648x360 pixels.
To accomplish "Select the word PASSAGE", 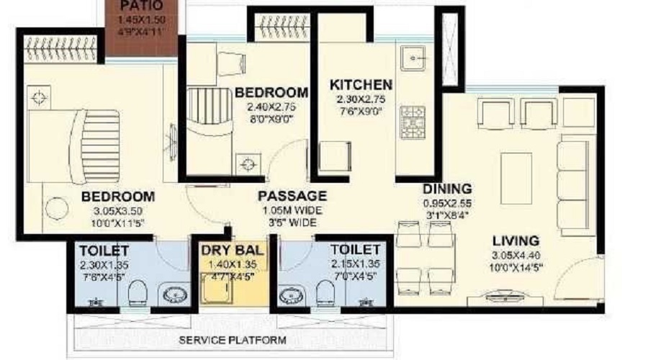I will click(x=292, y=196).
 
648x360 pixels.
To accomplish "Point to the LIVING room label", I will click(x=516, y=240).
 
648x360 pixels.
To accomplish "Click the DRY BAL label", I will click(x=231, y=251).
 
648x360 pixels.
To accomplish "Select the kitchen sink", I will click(x=413, y=59).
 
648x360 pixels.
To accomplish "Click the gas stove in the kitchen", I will click(x=413, y=120).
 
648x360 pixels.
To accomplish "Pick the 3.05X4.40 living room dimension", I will click(x=516, y=255).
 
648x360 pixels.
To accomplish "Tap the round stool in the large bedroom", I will click(x=55, y=210).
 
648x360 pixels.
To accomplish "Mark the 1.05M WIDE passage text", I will click(x=292, y=210).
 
